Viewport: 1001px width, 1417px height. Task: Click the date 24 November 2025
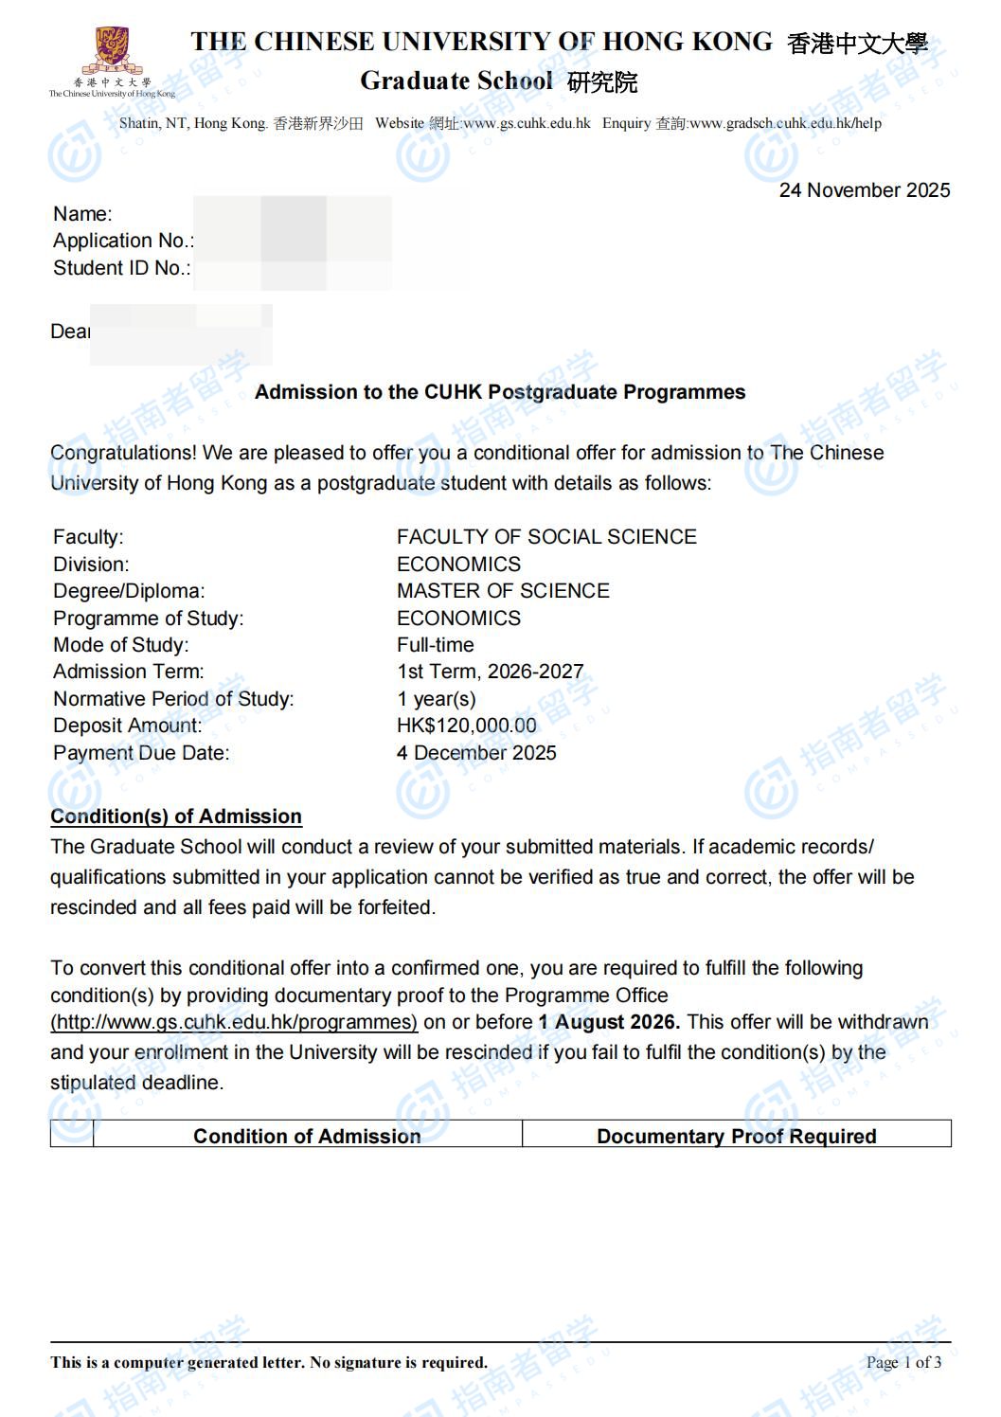[x=864, y=190]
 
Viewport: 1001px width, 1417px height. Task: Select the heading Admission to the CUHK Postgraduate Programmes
[x=500, y=392]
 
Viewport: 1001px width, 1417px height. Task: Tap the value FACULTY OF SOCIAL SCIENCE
[x=546, y=537]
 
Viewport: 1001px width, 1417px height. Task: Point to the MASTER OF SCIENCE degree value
[x=503, y=591]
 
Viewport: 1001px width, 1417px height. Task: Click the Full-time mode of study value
[x=436, y=645]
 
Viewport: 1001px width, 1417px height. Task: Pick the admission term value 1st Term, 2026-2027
[x=490, y=672]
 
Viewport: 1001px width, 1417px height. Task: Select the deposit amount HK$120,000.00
[x=466, y=726]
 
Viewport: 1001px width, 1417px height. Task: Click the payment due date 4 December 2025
[x=476, y=753]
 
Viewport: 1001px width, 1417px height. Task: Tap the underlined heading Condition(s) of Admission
[x=176, y=816]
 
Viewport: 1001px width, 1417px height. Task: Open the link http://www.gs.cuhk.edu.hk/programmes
[x=234, y=1022]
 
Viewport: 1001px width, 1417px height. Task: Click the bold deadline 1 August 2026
[x=608, y=1022]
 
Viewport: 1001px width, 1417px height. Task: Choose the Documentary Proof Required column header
[x=736, y=1136]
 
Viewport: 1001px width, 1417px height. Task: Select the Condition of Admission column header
[x=307, y=1136]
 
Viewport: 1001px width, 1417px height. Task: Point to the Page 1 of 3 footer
[x=903, y=1362]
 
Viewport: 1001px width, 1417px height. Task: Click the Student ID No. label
[x=121, y=268]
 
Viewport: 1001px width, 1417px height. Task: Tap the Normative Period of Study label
[x=173, y=699]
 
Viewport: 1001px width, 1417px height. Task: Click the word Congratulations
[x=123, y=453]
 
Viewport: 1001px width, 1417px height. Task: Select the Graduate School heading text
[x=456, y=81]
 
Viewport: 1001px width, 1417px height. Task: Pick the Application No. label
[x=123, y=241]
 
